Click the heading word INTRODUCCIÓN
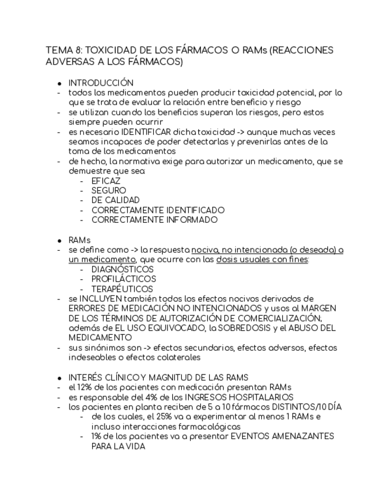[x=100, y=83]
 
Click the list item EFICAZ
[x=106, y=181]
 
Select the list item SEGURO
[x=109, y=191]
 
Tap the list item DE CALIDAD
[x=115, y=200]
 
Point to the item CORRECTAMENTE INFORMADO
[x=154, y=220]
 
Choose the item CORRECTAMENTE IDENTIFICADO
[x=157, y=210]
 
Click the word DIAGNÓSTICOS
[x=122, y=269]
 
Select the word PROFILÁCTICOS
[x=124, y=279]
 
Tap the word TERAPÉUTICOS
[x=122, y=289]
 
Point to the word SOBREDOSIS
[x=240, y=328]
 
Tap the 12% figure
[x=85, y=388]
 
